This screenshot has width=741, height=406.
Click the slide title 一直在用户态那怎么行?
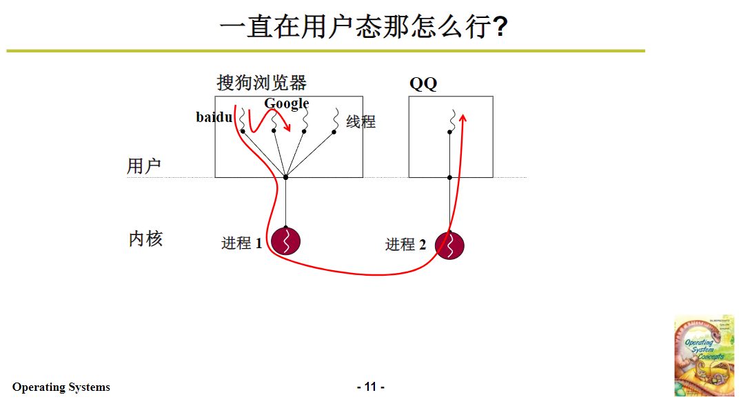(364, 28)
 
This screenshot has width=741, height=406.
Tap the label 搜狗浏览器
(261, 83)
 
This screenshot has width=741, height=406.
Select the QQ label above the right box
(423, 84)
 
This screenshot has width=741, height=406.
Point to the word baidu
(214, 117)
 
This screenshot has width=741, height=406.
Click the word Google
(287, 103)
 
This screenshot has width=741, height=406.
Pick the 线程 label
(361, 122)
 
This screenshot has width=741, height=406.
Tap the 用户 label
(143, 166)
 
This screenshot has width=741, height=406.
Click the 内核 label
(145, 239)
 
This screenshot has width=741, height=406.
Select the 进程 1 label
(241, 243)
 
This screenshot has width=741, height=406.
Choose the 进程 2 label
(405, 245)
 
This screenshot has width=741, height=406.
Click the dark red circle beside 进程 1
(285, 241)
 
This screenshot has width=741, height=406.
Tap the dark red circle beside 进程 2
(449, 245)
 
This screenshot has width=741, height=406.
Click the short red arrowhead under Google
(287, 129)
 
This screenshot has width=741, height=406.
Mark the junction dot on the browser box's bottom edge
(285, 177)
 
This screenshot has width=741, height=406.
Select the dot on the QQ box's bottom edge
(449, 177)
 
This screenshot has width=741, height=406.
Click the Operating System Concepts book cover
(704, 356)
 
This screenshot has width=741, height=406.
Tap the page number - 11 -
(371, 387)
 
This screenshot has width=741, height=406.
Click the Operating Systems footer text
(61, 387)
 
